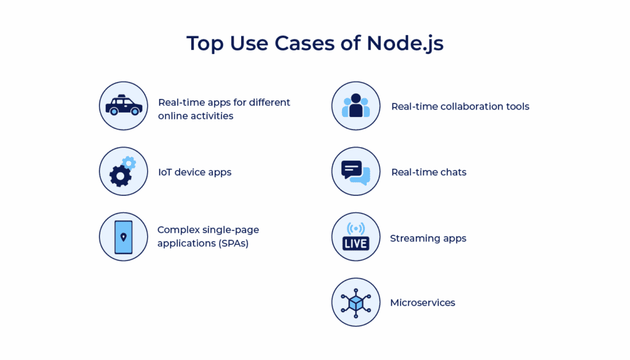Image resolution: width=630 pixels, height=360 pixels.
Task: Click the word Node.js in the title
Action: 405,44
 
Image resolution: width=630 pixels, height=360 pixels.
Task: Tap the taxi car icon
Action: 124,106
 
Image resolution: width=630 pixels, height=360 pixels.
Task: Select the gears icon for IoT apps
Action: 123,172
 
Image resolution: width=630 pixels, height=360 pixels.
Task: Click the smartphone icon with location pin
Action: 124,237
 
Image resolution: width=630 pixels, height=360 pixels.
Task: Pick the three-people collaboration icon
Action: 356,106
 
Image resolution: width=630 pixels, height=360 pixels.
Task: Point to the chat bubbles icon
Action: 356,172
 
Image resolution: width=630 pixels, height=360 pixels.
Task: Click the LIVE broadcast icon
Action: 356,237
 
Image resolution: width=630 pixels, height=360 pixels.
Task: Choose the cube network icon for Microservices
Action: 356,302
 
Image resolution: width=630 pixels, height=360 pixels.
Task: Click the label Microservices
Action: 423,303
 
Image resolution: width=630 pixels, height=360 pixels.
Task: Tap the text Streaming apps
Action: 428,238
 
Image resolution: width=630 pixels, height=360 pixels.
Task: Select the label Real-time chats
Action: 429,172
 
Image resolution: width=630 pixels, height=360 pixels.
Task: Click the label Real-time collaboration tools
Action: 460,106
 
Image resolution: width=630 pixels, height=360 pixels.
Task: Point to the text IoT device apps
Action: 194,172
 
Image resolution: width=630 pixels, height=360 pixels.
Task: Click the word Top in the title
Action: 204,44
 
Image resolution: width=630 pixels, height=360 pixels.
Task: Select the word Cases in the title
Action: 329,44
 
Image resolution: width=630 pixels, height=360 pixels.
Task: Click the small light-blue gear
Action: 129,162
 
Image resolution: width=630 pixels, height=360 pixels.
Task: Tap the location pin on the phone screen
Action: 124,237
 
